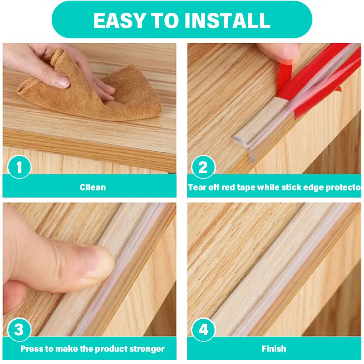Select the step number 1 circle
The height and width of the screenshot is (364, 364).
[x=19, y=167]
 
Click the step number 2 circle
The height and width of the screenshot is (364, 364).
[x=203, y=167]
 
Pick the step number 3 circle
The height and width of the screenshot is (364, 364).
[x=19, y=329]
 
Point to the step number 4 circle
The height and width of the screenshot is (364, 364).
[x=203, y=329]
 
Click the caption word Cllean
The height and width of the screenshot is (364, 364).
[x=93, y=187]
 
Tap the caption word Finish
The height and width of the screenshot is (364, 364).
[x=274, y=349]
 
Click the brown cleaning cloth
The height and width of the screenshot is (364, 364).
[x=93, y=93]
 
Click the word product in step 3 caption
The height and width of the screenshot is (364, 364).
[x=111, y=349]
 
